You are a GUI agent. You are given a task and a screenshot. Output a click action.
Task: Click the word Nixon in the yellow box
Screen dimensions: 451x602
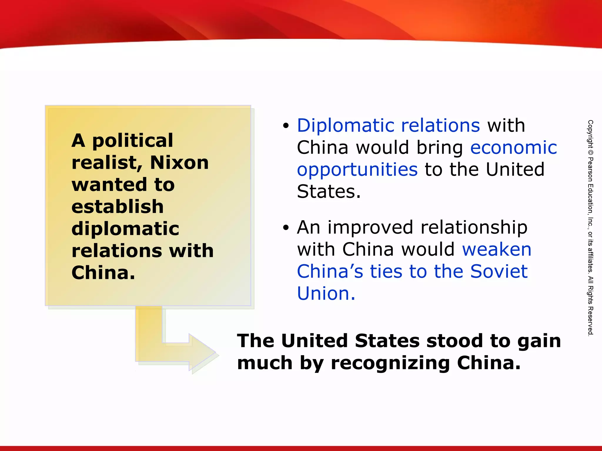(179, 162)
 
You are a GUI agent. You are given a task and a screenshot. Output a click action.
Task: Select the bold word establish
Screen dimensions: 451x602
(117, 206)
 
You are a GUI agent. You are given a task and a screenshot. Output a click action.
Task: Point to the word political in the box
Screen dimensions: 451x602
(133, 141)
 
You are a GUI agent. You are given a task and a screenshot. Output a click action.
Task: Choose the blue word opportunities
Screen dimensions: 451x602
(357, 170)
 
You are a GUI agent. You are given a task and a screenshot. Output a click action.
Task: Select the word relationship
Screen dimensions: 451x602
(474, 228)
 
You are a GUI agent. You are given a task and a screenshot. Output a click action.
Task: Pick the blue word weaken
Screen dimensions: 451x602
(497, 250)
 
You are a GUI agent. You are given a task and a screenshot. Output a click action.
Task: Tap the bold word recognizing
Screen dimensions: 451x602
(390, 363)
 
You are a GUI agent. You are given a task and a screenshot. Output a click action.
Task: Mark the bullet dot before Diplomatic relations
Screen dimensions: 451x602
(286, 126)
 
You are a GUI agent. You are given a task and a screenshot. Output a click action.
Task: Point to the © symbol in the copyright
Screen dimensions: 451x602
(590, 153)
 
